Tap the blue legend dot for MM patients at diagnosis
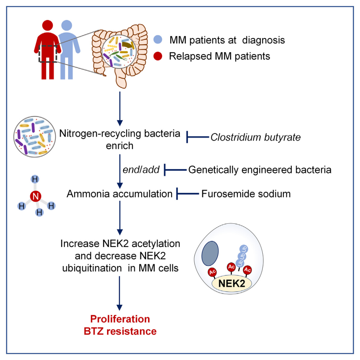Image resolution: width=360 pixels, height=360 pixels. (159, 40)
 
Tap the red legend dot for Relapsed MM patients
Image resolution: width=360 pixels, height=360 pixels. (159, 56)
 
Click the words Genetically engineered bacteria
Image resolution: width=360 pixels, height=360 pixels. (260, 170)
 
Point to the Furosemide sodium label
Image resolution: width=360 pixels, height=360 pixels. (246, 193)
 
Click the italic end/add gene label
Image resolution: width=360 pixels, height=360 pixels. (141, 170)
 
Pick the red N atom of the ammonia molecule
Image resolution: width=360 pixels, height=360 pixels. (35, 196)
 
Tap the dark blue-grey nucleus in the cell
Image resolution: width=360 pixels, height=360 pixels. (210, 253)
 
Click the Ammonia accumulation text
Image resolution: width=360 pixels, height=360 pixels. (119, 193)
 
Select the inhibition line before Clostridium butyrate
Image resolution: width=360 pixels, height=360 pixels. (197, 136)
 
